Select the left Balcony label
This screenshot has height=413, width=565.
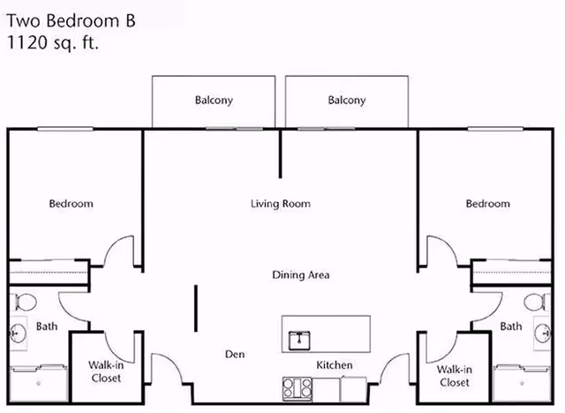pyautogui.click(x=214, y=101)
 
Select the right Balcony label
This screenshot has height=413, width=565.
pyautogui.click(x=347, y=101)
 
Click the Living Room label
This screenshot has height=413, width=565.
pyautogui.click(x=281, y=204)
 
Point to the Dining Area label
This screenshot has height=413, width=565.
pyautogui.click(x=300, y=275)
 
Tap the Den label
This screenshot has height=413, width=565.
pyautogui.click(x=234, y=355)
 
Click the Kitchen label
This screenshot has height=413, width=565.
pyautogui.click(x=335, y=365)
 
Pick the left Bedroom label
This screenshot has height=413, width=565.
pyautogui.click(x=71, y=204)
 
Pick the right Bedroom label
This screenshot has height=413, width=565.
pyautogui.click(x=487, y=204)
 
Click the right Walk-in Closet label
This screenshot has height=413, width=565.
pyautogui.click(x=454, y=376)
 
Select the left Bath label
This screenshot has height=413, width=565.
pyautogui.click(x=47, y=327)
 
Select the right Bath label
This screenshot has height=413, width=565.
pyautogui.click(x=511, y=327)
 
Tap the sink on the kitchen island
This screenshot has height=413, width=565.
pyautogui.click(x=301, y=338)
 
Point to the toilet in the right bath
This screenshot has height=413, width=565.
pyautogui.click(x=534, y=303)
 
